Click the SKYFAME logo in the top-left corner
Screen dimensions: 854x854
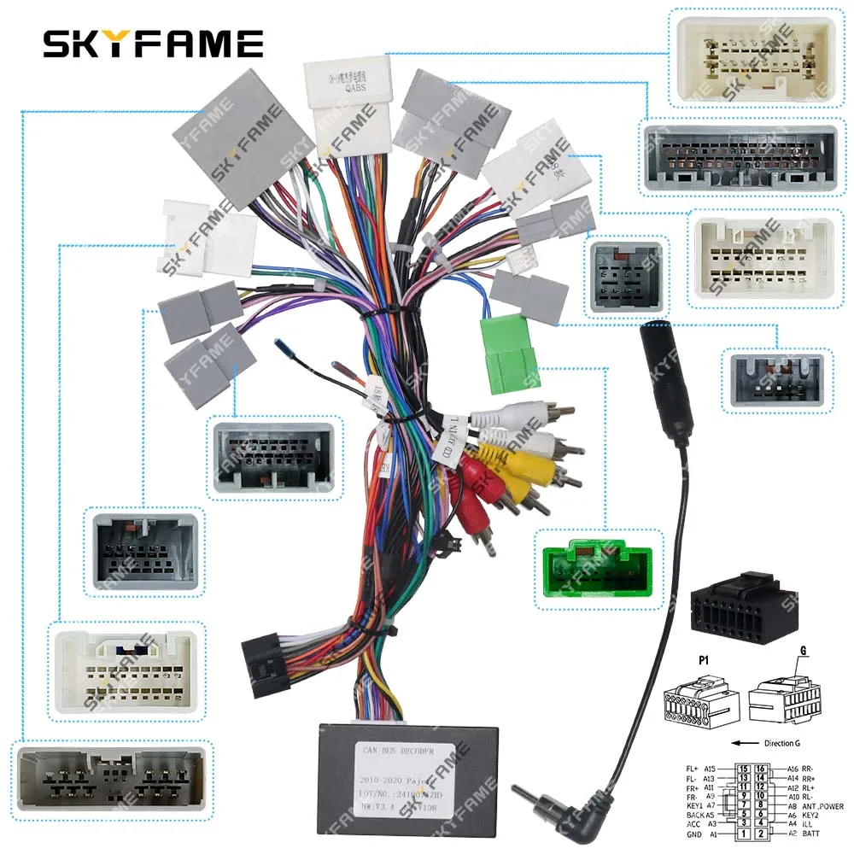154,43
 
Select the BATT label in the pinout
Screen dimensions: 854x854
810,833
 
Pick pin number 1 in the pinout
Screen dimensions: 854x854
744,833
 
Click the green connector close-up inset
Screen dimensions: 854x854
598,569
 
